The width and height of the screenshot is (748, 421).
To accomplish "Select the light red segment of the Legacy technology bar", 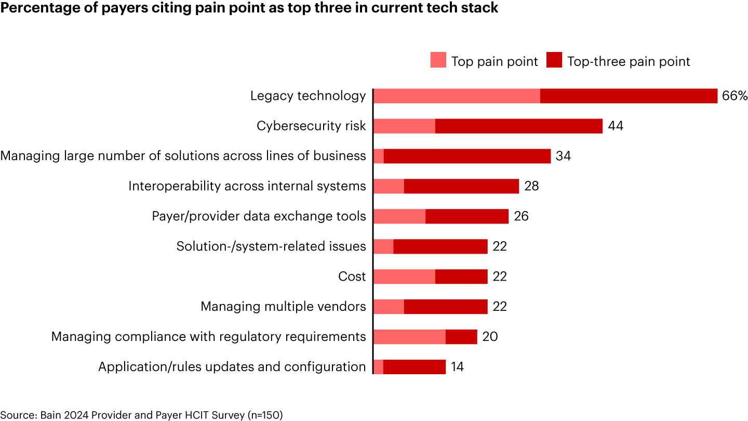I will pyautogui.click(x=457, y=96).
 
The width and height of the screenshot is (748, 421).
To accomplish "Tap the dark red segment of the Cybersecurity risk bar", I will pyautogui.click(x=518, y=126).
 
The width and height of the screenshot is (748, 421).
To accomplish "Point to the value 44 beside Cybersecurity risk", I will pyautogui.click(x=616, y=126).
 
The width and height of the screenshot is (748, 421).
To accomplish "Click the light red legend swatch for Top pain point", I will pyautogui.click(x=438, y=60).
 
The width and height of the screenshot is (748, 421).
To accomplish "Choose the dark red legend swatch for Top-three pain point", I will pyautogui.click(x=554, y=60).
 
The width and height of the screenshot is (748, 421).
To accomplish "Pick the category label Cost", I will pyautogui.click(x=352, y=277).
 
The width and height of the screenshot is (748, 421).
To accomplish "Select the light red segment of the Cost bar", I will pyautogui.click(x=404, y=277).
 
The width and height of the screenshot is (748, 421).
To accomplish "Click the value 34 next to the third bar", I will pyautogui.click(x=563, y=156).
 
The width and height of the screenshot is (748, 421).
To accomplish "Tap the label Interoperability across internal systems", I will pyautogui.click(x=247, y=186).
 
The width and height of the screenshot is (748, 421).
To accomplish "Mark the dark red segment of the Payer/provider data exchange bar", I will pyautogui.click(x=466, y=216).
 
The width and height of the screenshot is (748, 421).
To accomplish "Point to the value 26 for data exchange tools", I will pyautogui.click(x=521, y=216).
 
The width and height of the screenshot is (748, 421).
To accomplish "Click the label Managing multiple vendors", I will pyautogui.click(x=283, y=307).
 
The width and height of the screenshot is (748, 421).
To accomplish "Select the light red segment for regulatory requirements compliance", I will pyautogui.click(x=409, y=337).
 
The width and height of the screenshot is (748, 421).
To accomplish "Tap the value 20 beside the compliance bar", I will pyautogui.click(x=490, y=337).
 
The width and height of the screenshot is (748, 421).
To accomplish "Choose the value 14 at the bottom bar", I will pyautogui.click(x=457, y=367).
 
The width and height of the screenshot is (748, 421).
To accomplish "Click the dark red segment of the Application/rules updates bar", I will pyautogui.click(x=414, y=367).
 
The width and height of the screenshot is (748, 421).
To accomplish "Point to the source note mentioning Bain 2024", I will pyautogui.click(x=141, y=415).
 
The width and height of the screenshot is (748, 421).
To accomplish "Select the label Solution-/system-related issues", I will pyautogui.click(x=271, y=246).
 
